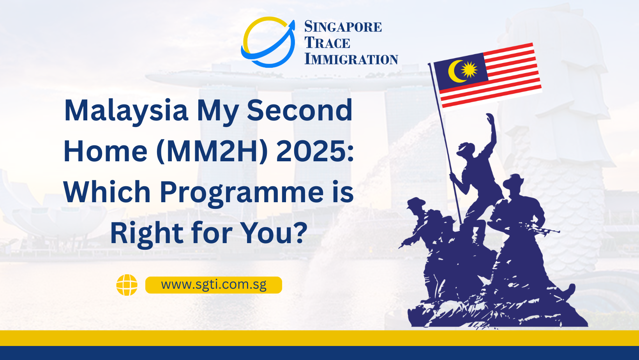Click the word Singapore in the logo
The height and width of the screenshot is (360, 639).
(x=343, y=26)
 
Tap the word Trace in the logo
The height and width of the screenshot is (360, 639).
(x=327, y=43)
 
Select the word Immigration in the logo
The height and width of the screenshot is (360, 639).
(x=351, y=59)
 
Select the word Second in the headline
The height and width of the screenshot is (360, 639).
(x=300, y=110)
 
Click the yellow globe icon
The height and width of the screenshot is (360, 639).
(x=127, y=285)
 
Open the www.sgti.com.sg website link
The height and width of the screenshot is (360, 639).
(x=214, y=285)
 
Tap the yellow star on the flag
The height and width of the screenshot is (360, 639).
(x=469, y=69)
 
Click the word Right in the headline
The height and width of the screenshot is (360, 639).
(x=147, y=234)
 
